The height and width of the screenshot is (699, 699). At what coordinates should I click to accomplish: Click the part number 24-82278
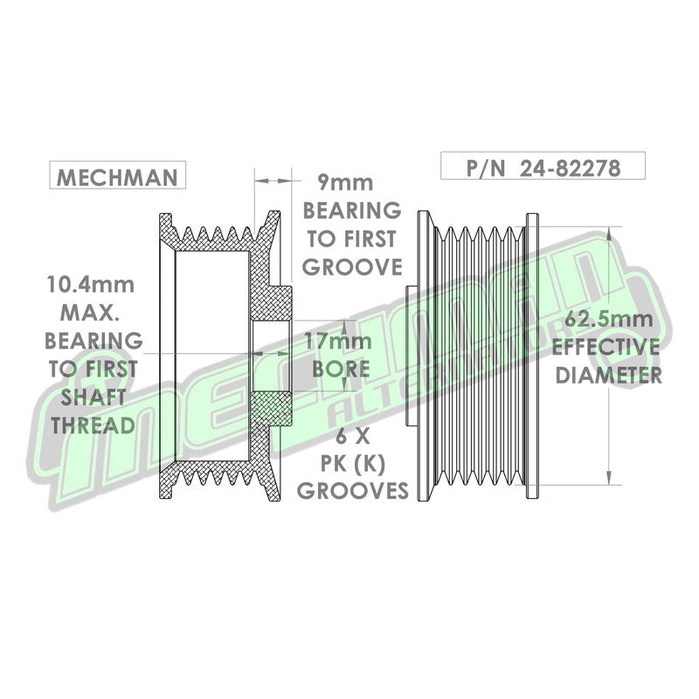coord(571,168)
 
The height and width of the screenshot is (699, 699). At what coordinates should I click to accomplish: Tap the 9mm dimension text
coord(345,183)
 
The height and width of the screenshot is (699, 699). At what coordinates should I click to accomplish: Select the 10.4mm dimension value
coord(91,285)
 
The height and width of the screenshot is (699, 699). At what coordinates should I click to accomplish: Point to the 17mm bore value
coord(338,342)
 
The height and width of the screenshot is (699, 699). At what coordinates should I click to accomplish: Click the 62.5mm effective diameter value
coord(609,319)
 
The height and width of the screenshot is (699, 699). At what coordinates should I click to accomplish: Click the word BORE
coord(341,369)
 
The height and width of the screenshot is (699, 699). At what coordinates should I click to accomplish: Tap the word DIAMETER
coord(608,376)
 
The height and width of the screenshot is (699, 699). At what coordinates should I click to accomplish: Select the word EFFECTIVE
coord(606,347)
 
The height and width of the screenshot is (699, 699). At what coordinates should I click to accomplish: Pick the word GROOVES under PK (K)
coord(353,491)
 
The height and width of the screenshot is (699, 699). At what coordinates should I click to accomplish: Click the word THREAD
coord(93,426)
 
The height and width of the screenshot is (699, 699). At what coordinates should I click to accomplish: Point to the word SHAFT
coord(93,398)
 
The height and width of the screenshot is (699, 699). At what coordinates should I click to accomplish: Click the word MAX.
coord(90,313)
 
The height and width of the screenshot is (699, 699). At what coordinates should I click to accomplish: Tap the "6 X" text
coord(353,436)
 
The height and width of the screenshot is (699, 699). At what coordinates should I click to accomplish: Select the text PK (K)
coord(353,465)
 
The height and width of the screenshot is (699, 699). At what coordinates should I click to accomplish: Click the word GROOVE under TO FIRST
coord(352,266)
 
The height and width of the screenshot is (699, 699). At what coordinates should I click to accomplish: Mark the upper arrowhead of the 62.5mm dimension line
coord(609,232)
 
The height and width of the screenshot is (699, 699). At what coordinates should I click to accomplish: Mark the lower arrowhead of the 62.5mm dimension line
coord(609,478)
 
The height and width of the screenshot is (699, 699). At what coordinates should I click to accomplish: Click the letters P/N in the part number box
coord(486,168)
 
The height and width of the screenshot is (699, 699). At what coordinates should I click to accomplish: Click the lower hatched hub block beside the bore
coord(272,408)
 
